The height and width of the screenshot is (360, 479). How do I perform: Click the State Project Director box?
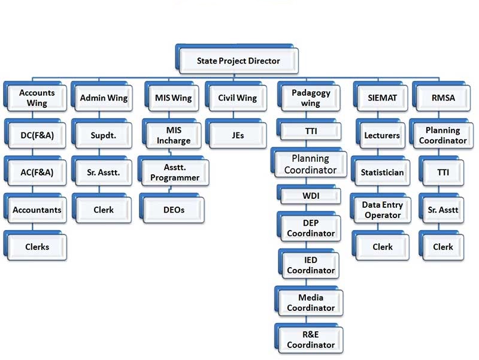coord(238,60)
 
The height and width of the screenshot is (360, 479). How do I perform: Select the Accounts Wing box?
coord(37,98)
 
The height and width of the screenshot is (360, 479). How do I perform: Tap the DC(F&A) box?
coord(37,135)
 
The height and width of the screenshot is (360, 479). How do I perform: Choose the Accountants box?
coord(37,210)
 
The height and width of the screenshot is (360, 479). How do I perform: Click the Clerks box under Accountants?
coord(37,246)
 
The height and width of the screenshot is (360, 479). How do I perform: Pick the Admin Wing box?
coord(104,98)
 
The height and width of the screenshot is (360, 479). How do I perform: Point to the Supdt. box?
coord(104,135)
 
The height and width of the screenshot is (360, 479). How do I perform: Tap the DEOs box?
coord(174,210)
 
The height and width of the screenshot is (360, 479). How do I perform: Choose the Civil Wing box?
coord(237,98)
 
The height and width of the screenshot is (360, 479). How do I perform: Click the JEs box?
coord(237,135)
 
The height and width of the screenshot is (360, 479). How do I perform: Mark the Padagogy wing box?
coord(307,98)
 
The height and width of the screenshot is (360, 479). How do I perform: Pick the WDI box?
coord(311,195)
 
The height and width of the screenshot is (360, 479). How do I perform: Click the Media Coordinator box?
coord(311,302)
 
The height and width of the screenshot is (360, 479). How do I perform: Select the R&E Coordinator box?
coord(311,340)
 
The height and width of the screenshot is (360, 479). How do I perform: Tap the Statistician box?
coord(382,173)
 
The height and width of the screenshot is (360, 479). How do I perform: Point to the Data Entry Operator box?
coord(382,210)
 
